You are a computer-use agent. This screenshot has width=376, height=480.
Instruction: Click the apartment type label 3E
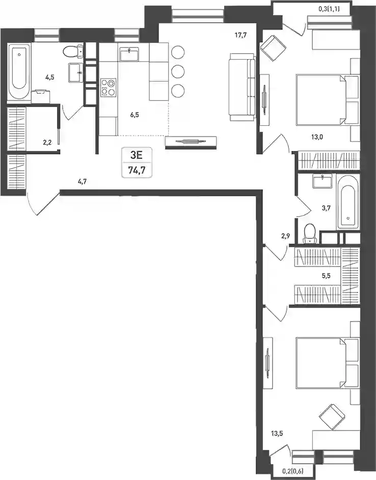(137, 155)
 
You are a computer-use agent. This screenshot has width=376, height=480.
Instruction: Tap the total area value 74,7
(137, 170)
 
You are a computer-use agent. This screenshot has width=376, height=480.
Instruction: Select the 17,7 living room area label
(240, 35)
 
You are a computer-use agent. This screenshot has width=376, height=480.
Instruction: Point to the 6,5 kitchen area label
(135, 115)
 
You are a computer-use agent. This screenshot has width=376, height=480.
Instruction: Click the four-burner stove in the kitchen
(109, 87)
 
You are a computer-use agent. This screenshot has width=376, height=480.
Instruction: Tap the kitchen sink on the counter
(130, 55)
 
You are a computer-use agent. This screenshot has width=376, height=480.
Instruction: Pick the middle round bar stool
(178, 72)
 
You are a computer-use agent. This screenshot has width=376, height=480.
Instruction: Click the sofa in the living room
(242, 87)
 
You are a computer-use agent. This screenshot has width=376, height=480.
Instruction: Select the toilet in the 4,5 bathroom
(73, 51)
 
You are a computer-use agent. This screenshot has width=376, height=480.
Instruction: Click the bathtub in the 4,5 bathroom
(19, 72)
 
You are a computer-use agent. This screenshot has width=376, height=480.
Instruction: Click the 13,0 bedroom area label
(317, 137)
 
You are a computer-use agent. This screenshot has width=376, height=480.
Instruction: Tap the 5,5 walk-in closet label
(326, 276)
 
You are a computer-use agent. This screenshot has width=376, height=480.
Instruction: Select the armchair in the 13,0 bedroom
(273, 48)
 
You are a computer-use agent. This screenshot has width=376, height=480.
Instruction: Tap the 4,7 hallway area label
(82, 181)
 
